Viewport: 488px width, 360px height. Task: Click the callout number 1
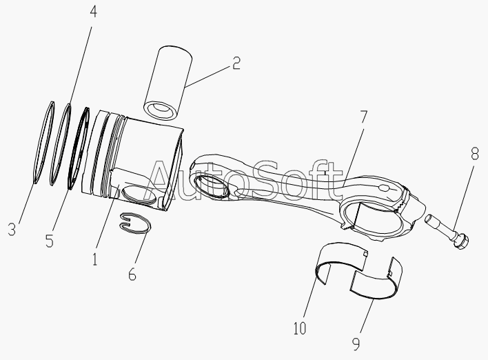95,259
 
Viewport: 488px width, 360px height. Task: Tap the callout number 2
236,63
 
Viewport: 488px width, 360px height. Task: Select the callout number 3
12,229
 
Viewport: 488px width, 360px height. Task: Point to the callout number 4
93,12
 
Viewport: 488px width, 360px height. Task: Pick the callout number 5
50,241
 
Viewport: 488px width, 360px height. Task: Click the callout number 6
132,274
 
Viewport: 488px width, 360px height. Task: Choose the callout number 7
363,117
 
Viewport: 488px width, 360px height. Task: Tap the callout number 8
475,154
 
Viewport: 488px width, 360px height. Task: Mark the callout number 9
356,344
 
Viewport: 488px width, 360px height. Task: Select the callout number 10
300,328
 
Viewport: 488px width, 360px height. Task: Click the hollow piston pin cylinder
168,83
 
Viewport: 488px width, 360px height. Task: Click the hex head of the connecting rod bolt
461,241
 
